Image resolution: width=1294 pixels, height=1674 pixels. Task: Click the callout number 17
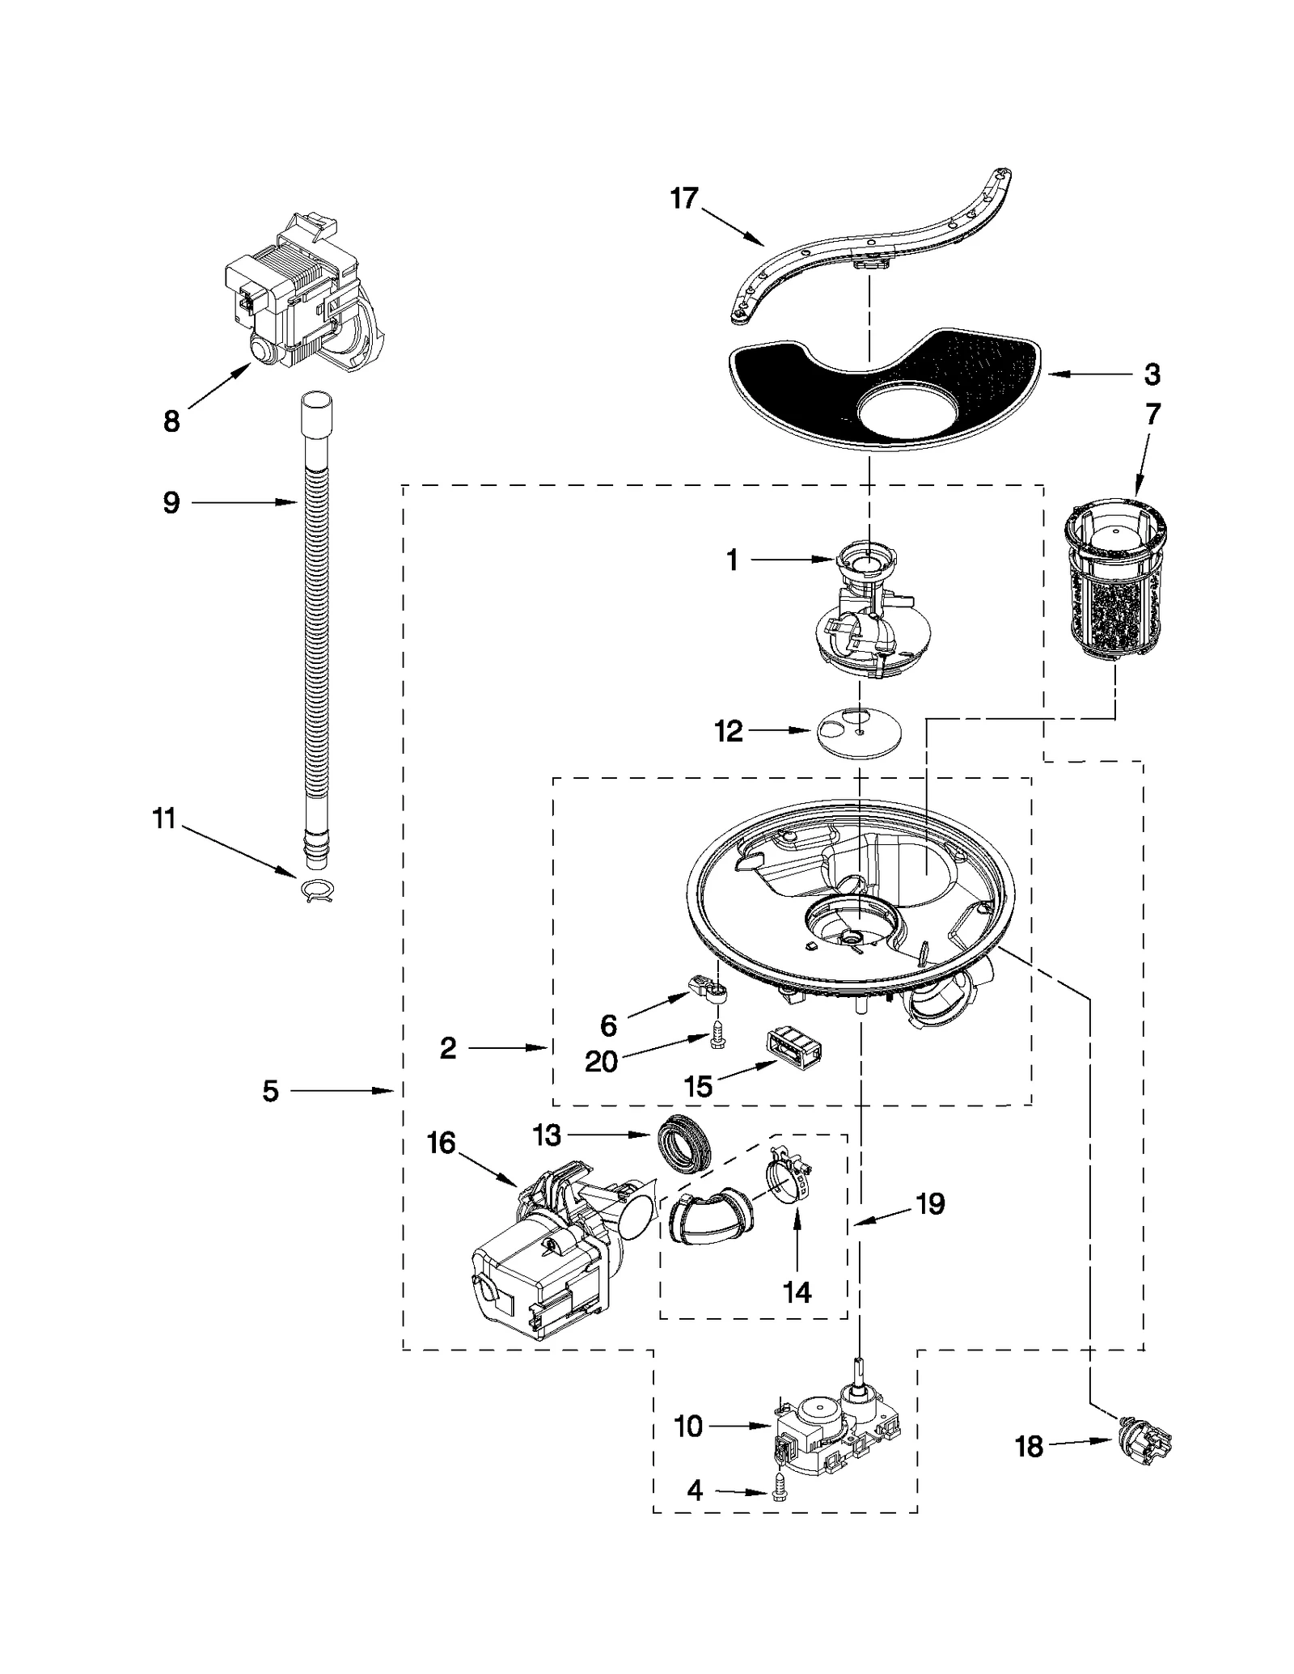click(x=683, y=199)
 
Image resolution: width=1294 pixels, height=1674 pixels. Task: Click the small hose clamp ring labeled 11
click(x=316, y=890)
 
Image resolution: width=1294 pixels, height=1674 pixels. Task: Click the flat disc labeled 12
click(x=859, y=731)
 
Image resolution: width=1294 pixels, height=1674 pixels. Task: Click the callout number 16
click(x=442, y=1143)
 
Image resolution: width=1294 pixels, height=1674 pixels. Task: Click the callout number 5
click(x=270, y=1091)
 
